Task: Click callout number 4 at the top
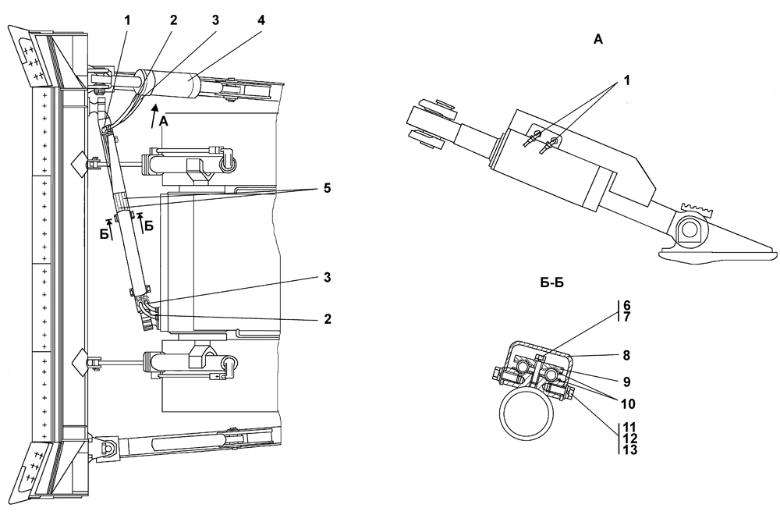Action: click(x=261, y=20)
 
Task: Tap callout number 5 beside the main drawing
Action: click(x=326, y=189)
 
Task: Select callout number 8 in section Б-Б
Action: click(x=626, y=355)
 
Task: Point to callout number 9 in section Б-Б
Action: click(x=626, y=382)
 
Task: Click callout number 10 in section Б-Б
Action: click(x=628, y=403)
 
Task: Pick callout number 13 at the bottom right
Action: click(x=628, y=449)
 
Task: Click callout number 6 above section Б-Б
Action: click(x=626, y=306)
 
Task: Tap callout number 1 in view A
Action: click(x=626, y=80)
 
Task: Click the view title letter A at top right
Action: click(x=598, y=39)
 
